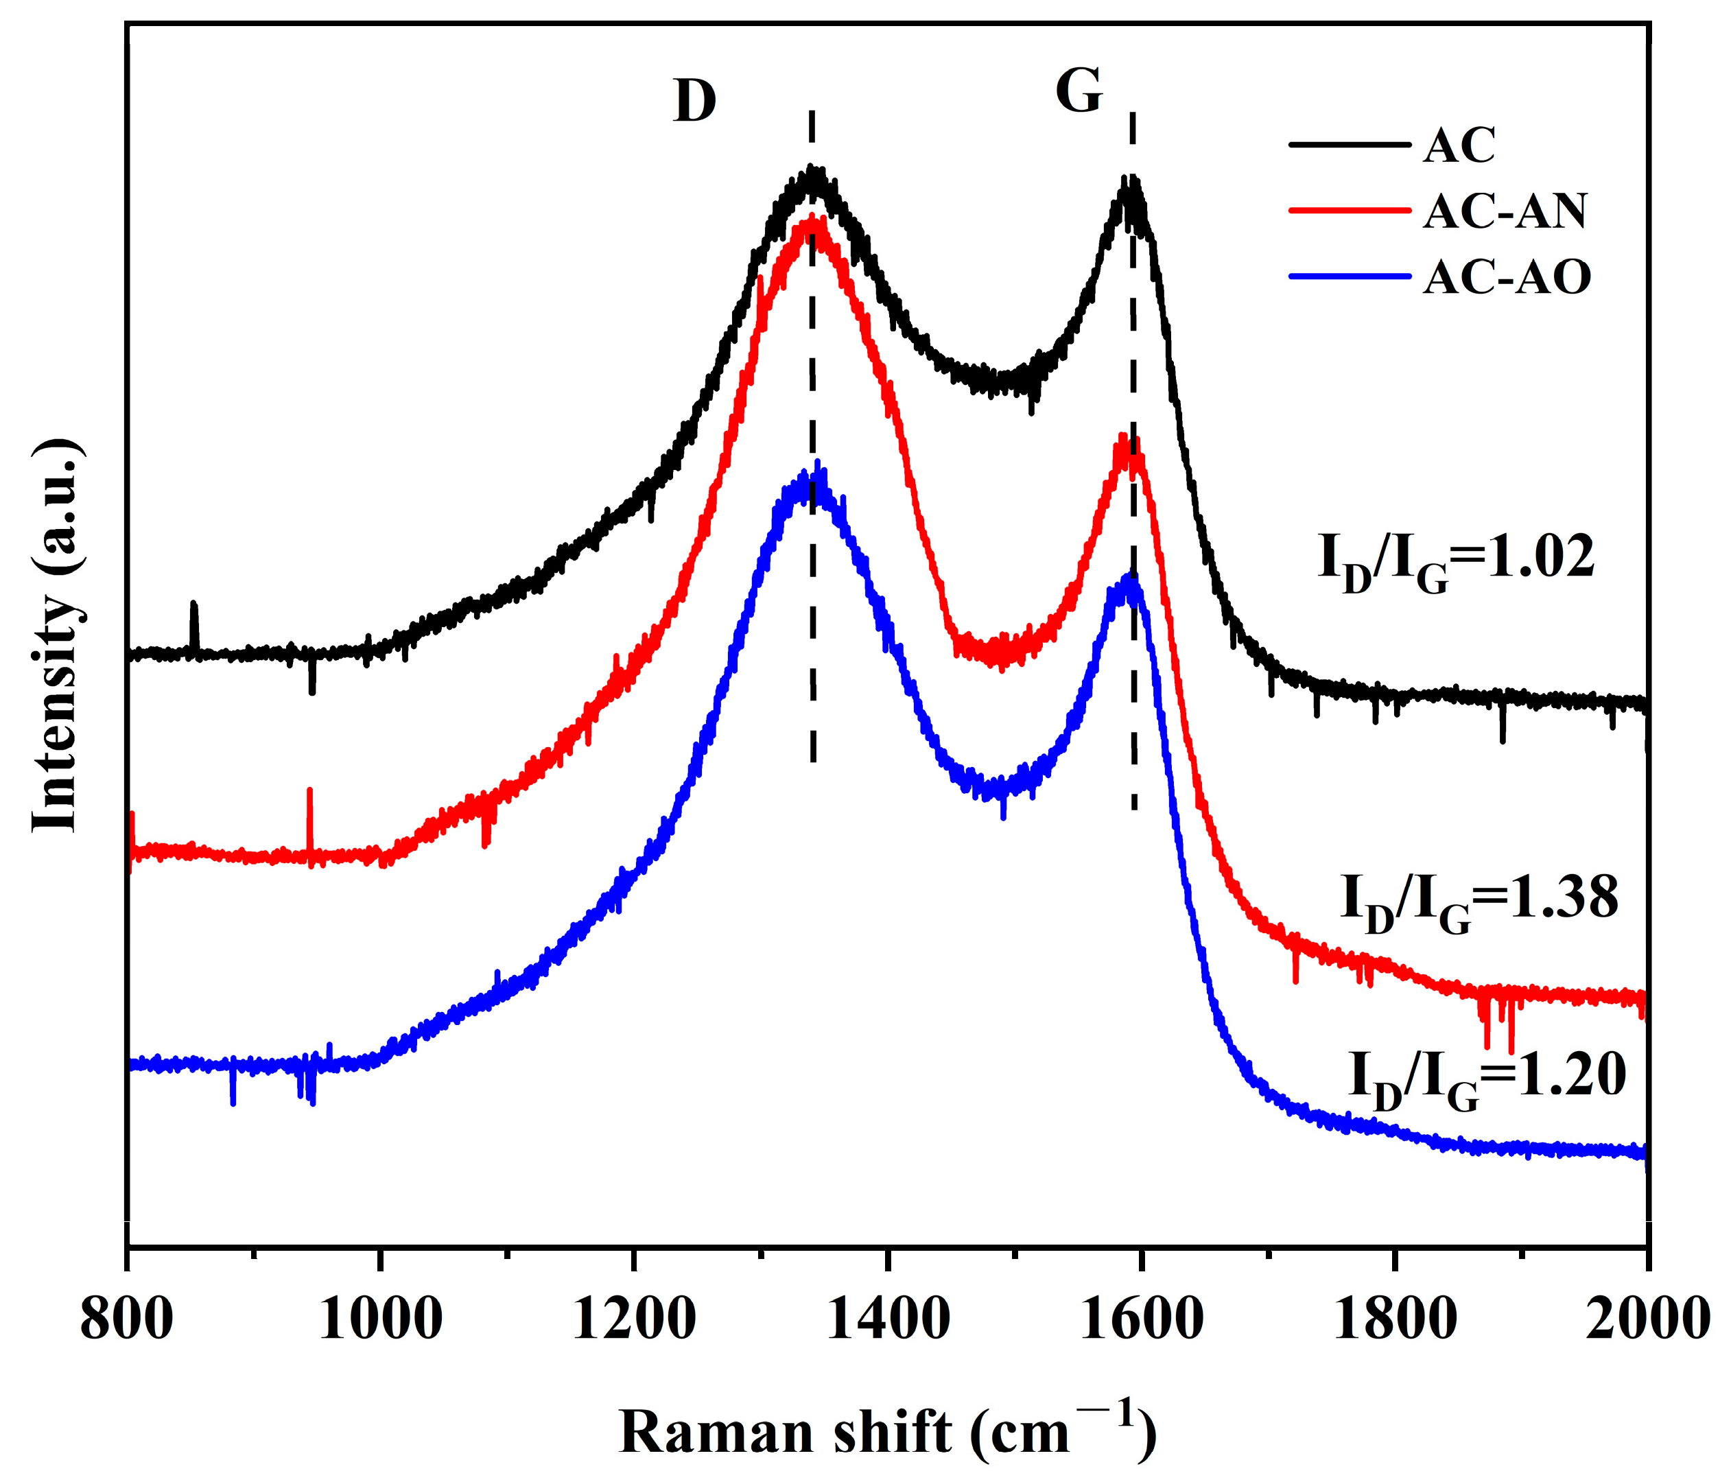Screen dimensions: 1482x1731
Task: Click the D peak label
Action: click(x=694, y=102)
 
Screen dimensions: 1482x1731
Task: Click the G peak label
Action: click(x=1079, y=91)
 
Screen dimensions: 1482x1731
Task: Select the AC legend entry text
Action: click(x=1459, y=145)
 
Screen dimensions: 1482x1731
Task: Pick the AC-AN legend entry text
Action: click(x=1505, y=211)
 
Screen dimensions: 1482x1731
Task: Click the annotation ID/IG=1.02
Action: click(x=1456, y=560)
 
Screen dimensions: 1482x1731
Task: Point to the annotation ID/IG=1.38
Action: click(x=1479, y=901)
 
